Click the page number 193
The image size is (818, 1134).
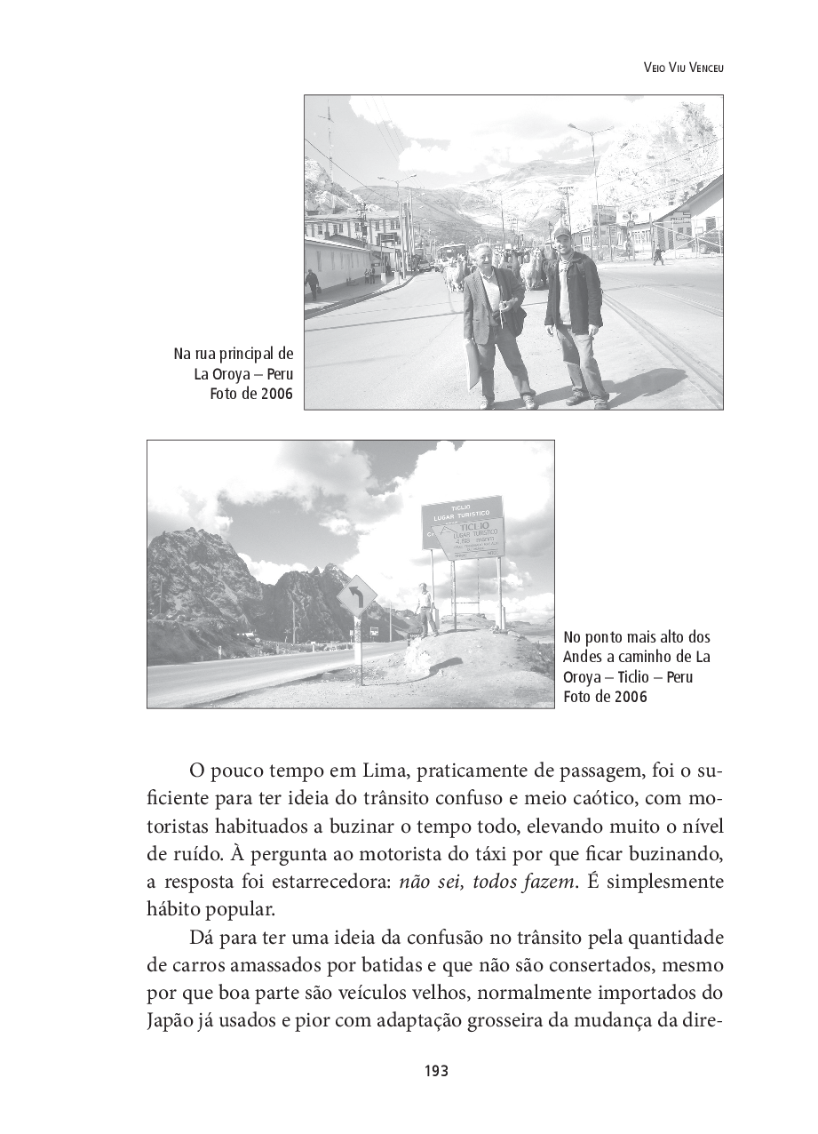pos(435,1071)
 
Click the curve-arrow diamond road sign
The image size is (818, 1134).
pos(356,595)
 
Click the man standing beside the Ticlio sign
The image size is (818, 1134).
pos(425,609)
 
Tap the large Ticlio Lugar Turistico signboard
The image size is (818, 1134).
pos(464,527)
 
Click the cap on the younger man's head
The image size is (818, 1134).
pos(560,232)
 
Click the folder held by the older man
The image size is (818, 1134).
pos(472,363)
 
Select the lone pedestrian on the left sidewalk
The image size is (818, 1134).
pos(312,283)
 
